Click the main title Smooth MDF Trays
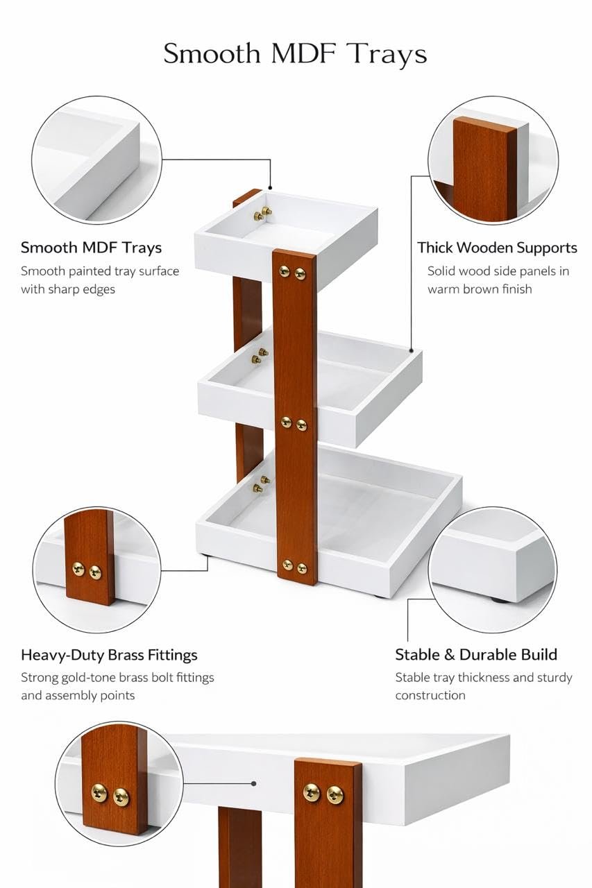(x=296, y=54)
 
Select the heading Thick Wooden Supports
(x=497, y=248)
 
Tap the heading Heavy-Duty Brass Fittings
(x=109, y=655)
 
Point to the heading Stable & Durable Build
(x=476, y=654)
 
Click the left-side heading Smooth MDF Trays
(x=91, y=248)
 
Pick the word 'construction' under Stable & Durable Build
(x=430, y=695)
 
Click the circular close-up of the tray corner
(x=96, y=160)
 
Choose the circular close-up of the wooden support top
(x=493, y=160)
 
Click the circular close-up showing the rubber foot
(x=493, y=570)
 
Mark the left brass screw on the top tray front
(x=285, y=271)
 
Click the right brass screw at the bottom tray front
(x=302, y=568)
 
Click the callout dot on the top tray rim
(x=271, y=187)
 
